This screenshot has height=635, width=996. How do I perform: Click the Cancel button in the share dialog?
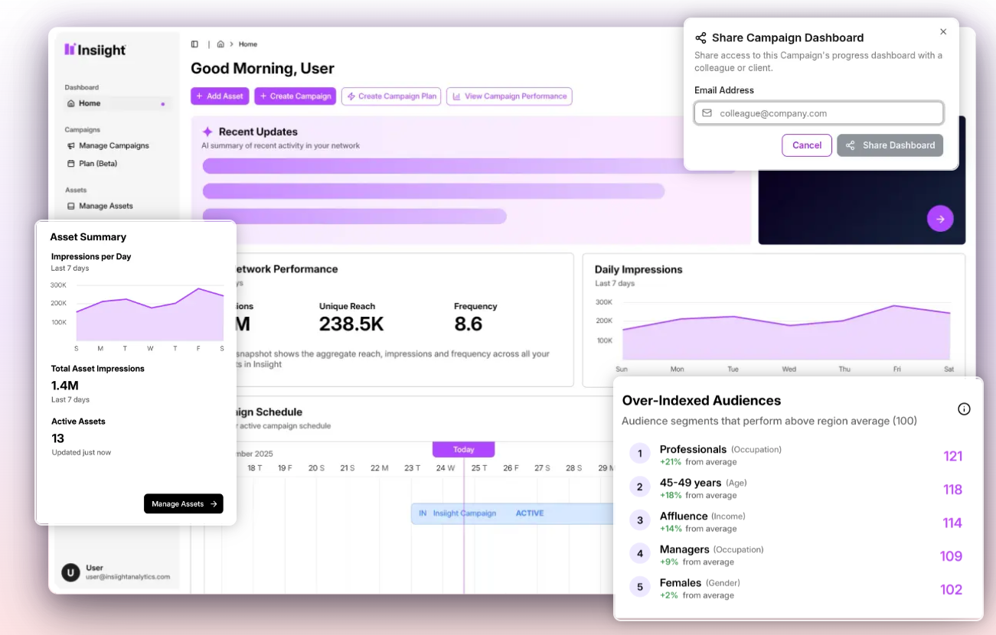click(806, 145)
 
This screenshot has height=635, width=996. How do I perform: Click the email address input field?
click(819, 113)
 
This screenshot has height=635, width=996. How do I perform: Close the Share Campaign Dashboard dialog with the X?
click(943, 32)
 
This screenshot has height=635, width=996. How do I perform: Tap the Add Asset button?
click(220, 96)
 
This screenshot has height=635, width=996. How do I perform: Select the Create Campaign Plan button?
click(391, 96)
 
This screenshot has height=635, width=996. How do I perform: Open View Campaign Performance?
click(509, 96)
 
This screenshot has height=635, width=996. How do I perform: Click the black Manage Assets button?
click(183, 503)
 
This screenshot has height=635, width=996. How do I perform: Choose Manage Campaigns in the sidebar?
click(113, 145)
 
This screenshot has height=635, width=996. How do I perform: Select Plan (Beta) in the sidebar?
click(97, 164)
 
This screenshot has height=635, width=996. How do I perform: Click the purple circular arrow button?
click(940, 219)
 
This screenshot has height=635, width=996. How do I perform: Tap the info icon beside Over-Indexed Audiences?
click(964, 409)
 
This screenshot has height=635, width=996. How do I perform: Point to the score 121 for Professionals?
click(952, 457)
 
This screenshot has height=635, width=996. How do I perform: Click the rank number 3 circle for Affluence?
click(640, 521)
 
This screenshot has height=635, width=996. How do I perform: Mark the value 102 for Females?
click(951, 590)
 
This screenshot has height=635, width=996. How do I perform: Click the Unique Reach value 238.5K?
click(351, 324)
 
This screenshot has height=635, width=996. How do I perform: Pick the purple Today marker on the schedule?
click(463, 450)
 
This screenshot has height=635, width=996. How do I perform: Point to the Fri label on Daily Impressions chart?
click(896, 370)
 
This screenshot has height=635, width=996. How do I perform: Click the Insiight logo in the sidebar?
click(96, 50)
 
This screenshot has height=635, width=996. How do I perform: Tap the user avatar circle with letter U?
click(70, 572)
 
